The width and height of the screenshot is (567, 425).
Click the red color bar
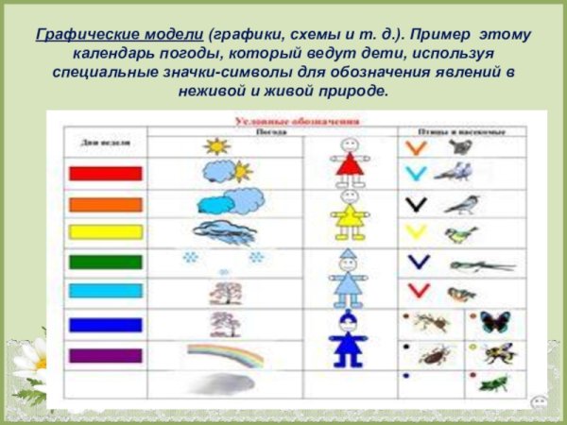tap(105, 173)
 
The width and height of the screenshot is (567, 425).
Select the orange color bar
tap(105, 203)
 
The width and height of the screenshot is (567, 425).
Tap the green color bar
tap(105, 262)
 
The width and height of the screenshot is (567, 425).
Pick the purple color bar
tap(105, 356)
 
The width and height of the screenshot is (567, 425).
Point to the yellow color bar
tap(105, 230)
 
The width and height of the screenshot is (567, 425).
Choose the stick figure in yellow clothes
tap(349, 216)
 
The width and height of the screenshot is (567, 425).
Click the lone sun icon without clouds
tap(216, 147)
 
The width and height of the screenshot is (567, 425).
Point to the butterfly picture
tap(493, 322)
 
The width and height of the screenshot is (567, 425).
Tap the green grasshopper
tap(493, 382)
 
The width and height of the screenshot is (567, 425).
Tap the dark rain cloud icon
tap(223, 232)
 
